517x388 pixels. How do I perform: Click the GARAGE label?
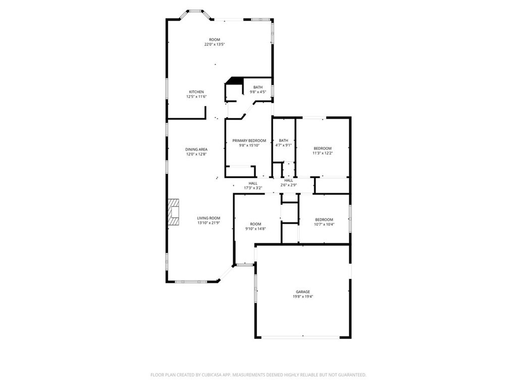[x=303, y=292]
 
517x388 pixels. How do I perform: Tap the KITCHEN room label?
[x=196, y=92]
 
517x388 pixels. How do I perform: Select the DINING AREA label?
[x=196, y=150]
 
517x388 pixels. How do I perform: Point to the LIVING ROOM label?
[x=209, y=218]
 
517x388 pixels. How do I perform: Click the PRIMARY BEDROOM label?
[x=249, y=140]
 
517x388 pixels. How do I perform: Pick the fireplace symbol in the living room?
[x=174, y=211]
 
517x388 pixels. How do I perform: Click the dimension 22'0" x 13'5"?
[x=215, y=44]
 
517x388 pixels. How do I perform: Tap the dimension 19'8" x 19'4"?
[x=303, y=297]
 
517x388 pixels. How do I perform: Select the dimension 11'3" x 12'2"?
[x=323, y=153]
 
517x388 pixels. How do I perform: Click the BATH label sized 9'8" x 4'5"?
[x=258, y=87]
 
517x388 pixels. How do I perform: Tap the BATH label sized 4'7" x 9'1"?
[x=284, y=140]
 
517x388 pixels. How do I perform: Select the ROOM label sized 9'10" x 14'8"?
[x=255, y=224]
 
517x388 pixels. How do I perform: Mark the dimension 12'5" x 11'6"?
[x=196, y=96]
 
